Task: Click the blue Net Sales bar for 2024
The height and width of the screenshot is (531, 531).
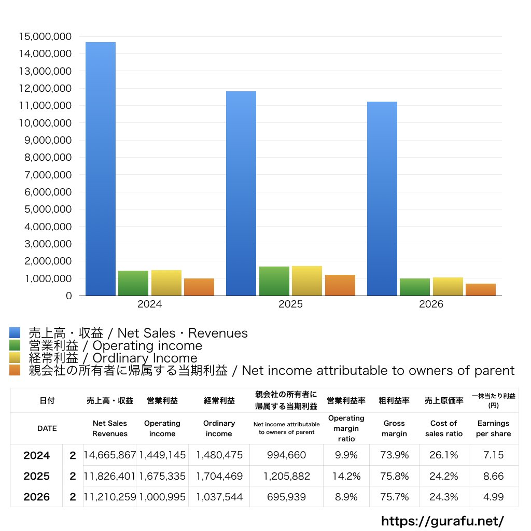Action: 101,169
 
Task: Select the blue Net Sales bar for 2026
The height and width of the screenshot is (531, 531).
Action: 382,199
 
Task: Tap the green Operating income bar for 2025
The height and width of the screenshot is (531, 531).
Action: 274,281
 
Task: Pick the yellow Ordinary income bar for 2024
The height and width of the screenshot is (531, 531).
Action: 166,283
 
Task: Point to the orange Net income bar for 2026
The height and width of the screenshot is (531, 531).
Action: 481,289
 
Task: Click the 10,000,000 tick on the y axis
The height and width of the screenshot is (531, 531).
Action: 45,123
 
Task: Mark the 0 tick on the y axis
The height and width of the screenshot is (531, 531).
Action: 69,296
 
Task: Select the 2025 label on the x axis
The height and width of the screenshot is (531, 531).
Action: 290,304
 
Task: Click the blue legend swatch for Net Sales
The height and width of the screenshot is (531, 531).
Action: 15,332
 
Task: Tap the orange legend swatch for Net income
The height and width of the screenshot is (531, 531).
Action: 15,370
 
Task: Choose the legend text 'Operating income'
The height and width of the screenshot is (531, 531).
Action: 147,346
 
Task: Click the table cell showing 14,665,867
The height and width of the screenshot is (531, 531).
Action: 110,455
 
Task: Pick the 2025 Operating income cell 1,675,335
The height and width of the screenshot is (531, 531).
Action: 162,476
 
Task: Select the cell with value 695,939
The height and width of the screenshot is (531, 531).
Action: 286,497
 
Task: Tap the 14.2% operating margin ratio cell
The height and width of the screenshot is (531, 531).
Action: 346,476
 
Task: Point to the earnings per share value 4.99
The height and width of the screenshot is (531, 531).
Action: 494,497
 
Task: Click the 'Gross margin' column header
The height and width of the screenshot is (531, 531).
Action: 394,428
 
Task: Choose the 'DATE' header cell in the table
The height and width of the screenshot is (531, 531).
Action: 47,428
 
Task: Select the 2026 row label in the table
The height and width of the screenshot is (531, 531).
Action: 37,497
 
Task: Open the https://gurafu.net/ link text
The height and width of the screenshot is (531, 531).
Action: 443,521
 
